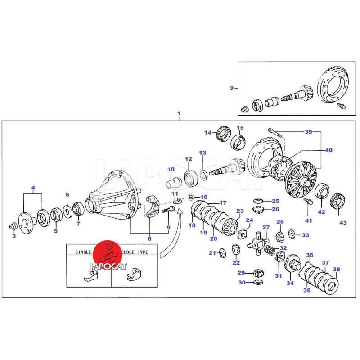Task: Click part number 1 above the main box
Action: (179, 113)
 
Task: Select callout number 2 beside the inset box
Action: (231, 88)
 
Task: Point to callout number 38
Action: (337, 270)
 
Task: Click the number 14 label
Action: (208, 132)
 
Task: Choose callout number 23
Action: (239, 211)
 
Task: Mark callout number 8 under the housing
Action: (149, 238)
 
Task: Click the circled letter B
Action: (191, 197)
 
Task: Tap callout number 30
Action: (241, 283)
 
